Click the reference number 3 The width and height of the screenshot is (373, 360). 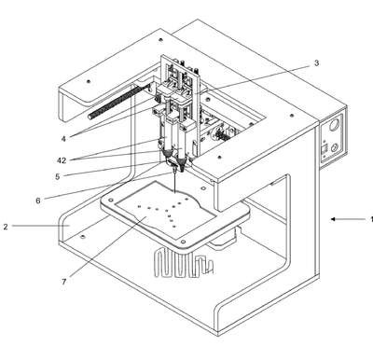(316, 63)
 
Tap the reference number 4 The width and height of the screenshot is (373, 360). (63, 139)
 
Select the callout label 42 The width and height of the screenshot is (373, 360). (62, 160)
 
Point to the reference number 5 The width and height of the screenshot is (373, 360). (58, 176)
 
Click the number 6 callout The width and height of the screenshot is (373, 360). (38, 201)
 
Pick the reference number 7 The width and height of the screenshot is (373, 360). (64, 282)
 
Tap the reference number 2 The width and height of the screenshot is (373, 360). (6, 227)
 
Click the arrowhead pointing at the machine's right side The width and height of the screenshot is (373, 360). (333, 219)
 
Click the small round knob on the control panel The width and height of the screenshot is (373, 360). (335, 147)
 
